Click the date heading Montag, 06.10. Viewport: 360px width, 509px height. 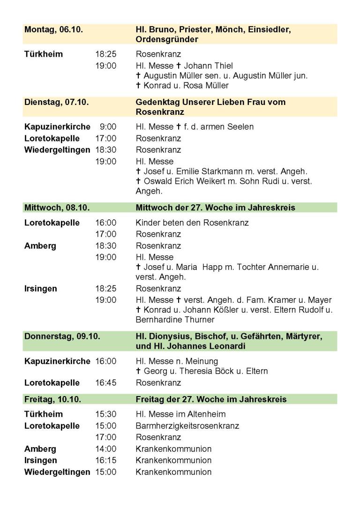tap(53, 30)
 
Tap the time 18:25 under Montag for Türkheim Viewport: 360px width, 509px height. tap(106, 54)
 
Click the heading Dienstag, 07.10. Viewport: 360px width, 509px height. tap(56, 102)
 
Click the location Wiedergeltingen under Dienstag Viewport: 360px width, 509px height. tap(57, 150)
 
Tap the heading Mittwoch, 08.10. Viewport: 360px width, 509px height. tap(57, 207)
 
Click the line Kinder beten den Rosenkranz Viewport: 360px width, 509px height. tap(192, 223)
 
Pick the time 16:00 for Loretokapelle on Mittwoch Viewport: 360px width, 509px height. tap(106, 223)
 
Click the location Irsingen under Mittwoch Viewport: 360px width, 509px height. tap(40, 289)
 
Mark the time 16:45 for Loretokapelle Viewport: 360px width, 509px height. tap(106, 383)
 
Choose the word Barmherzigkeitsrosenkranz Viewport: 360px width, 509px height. tap(187, 426)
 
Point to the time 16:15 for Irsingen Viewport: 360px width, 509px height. tap(106, 460)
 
